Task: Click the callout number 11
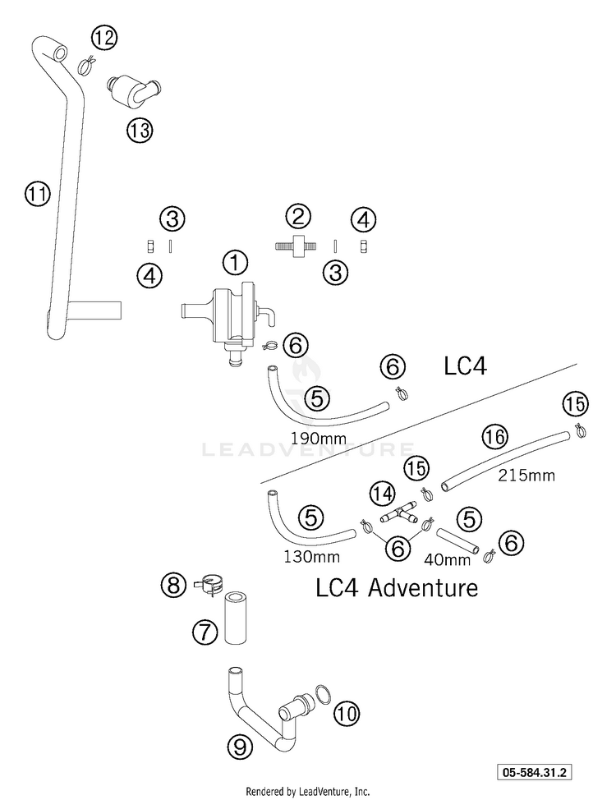click(38, 194)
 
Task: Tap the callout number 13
click(140, 131)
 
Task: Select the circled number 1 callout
click(235, 264)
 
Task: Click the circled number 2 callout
click(298, 216)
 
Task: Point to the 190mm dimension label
click(319, 438)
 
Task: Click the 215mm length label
click(526, 475)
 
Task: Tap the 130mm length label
click(312, 556)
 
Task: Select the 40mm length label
click(447, 559)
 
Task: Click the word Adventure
click(423, 587)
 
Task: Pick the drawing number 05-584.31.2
click(535, 772)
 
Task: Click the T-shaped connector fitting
click(398, 514)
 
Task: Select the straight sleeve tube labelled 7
click(236, 618)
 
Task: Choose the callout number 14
click(383, 494)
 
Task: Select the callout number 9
click(240, 747)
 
